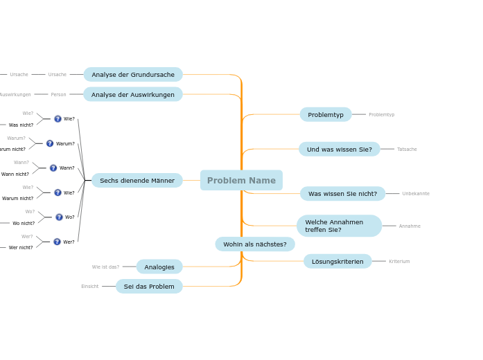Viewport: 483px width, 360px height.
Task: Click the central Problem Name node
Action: pos(241,181)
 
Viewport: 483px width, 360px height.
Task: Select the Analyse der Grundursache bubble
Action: pos(133,75)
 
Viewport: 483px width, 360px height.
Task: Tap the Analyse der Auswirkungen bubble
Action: pos(133,94)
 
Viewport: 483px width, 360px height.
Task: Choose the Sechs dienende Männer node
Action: pos(137,181)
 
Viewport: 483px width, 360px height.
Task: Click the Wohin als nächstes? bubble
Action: pos(255,244)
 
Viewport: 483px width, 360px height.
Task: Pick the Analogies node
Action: pos(159,267)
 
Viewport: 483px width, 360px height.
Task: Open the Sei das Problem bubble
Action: pos(149,286)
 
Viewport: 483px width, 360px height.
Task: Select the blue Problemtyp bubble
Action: pos(326,115)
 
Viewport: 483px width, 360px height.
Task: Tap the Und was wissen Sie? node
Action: pos(340,150)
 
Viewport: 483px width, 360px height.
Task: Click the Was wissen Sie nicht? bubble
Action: pos(342,194)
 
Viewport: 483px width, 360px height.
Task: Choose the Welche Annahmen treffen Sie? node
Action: pos(339,226)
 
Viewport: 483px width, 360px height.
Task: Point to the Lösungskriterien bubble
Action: pos(337,261)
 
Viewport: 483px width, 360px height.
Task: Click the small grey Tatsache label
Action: pos(407,150)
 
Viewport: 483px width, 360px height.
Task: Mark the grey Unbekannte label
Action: pos(416,194)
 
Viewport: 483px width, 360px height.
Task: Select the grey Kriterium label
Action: pos(399,262)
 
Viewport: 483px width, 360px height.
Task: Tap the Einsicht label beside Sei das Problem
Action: pos(90,287)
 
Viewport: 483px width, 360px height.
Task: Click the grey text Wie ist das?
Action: pos(105,267)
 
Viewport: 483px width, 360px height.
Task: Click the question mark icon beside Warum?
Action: pos(50,143)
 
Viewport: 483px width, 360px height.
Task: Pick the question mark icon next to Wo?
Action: pos(59,217)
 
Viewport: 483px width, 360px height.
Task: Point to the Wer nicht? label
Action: pos(21,248)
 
